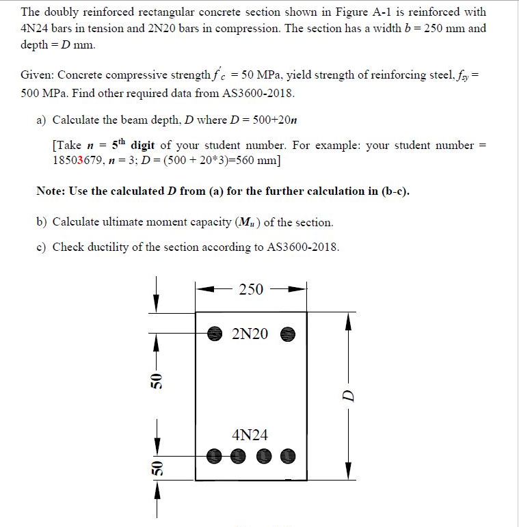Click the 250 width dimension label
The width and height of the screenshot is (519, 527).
pyautogui.click(x=251, y=289)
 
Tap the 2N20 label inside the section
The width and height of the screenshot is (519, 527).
pyautogui.click(x=250, y=334)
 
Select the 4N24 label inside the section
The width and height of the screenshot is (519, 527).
pyautogui.click(x=250, y=435)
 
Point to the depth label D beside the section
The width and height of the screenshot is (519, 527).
pyautogui.click(x=348, y=396)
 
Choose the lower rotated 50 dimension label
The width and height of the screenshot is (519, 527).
pyautogui.click(x=157, y=468)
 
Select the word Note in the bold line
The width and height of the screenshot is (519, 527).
pyautogui.click(x=50, y=191)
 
